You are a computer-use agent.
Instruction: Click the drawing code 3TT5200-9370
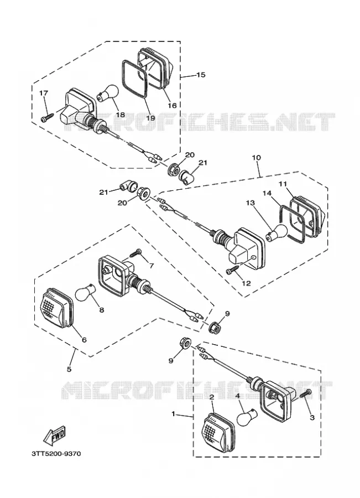point(56,454)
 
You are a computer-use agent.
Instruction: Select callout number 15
point(201,75)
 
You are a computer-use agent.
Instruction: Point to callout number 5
point(69,369)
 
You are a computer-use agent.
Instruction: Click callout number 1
point(173,414)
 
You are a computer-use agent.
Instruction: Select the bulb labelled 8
point(85,293)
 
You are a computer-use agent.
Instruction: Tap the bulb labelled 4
point(246,417)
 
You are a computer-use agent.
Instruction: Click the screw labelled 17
point(46,118)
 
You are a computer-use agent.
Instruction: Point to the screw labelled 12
point(233,270)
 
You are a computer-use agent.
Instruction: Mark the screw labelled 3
point(306,393)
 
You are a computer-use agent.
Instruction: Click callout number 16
point(172,106)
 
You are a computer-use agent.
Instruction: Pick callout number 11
point(283,184)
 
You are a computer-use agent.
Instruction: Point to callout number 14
point(267,193)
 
